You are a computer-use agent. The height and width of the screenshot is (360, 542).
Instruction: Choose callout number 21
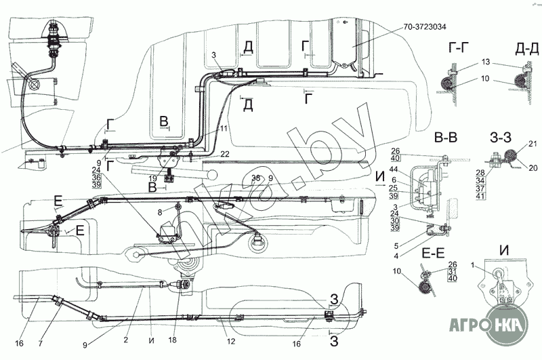pos(533,144)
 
